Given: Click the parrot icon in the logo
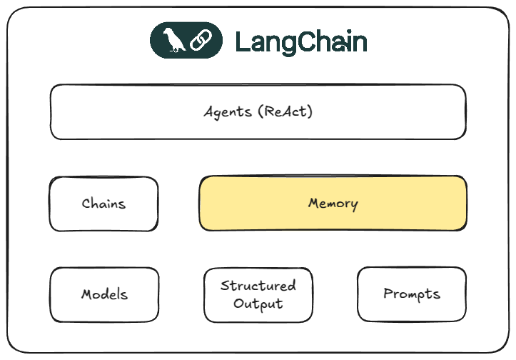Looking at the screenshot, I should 173,41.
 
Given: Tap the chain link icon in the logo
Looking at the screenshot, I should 199,41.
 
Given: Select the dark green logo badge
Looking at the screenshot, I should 186,41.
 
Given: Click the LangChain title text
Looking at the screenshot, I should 300,42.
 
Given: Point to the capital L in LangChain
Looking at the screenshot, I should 242,42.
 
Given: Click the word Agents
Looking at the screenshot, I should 226,112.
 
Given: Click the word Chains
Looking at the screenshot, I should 103,204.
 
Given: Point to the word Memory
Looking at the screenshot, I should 333,204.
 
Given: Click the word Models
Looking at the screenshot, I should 104,294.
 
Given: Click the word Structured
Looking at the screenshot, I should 258,286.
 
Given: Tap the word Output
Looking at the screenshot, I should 258,304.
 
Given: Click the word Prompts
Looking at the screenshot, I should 412,294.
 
